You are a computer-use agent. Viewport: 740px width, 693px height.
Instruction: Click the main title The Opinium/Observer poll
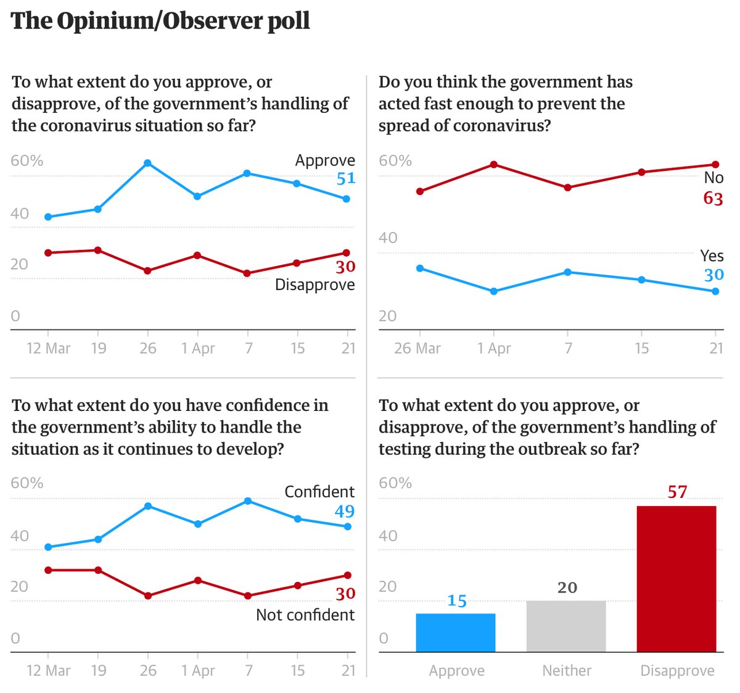click(160, 21)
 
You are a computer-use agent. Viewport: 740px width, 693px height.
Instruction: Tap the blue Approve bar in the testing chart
click(456, 633)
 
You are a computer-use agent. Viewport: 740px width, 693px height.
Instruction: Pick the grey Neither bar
click(566, 626)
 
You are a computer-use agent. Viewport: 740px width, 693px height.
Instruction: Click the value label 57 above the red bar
click(677, 492)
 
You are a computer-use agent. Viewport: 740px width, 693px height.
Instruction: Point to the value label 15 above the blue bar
click(456, 600)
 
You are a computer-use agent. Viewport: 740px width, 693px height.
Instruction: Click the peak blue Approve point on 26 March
click(147, 164)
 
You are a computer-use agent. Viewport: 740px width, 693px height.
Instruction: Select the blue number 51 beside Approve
click(345, 178)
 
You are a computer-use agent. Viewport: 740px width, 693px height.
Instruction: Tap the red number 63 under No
click(713, 198)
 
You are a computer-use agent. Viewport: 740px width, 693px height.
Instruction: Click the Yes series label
click(712, 255)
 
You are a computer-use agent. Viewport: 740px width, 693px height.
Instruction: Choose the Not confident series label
click(305, 615)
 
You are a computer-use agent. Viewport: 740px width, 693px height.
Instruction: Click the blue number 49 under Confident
click(344, 511)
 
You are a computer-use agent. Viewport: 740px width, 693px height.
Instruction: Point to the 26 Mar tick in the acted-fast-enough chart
click(417, 348)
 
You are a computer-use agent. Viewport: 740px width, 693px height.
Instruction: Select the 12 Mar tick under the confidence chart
click(48, 670)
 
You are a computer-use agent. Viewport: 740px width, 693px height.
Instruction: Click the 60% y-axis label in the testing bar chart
click(395, 483)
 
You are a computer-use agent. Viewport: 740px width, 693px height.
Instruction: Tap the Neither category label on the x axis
click(566, 670)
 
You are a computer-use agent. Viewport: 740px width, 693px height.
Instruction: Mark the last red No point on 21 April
click(715, 165)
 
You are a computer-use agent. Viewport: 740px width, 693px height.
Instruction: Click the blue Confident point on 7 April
click(248, 501)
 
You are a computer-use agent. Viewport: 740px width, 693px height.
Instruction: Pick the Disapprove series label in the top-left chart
click(314, 284)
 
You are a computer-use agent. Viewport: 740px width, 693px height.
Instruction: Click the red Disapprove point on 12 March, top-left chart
click(48, 252)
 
